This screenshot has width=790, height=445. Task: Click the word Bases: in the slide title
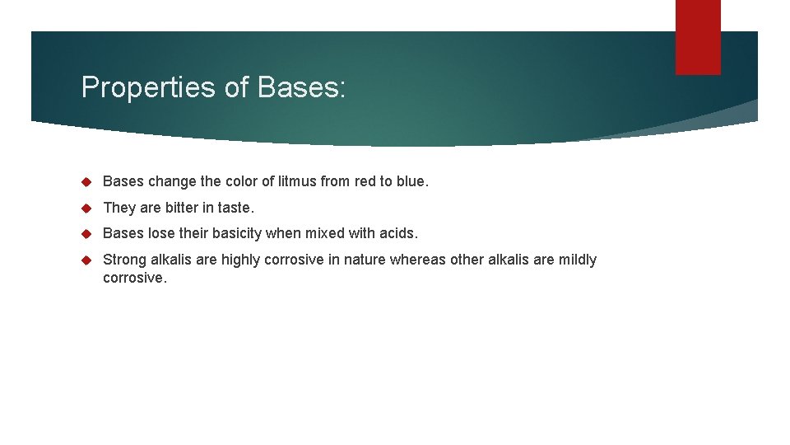301,87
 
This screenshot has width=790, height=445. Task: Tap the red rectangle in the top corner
698,37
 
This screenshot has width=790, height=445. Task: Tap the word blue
411,181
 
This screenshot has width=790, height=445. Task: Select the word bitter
181,208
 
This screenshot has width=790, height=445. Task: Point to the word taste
235,208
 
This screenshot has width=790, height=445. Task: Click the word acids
400,234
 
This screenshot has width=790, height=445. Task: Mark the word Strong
124,260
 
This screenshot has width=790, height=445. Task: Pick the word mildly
577,260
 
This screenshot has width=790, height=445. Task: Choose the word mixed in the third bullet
326,234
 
